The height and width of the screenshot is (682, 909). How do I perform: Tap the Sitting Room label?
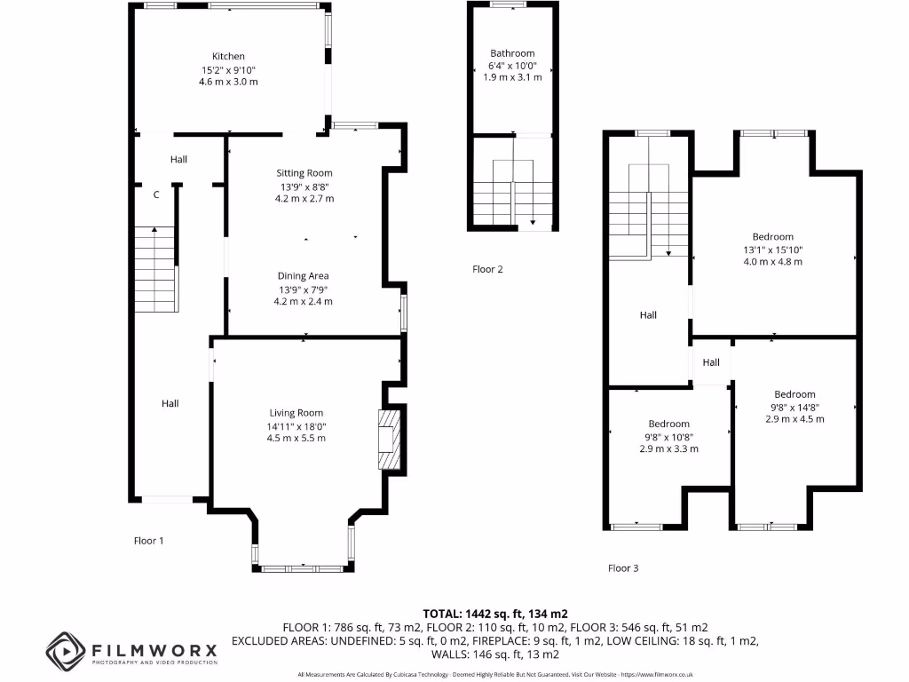point(304,173)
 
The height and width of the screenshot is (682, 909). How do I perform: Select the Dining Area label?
point(304,276)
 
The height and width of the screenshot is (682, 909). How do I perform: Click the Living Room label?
point(296,413)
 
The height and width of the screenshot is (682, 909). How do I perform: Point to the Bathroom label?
point(512,53)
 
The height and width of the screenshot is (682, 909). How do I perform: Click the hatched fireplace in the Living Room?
point(390,440)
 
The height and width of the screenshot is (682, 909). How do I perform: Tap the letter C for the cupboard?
point(156,194)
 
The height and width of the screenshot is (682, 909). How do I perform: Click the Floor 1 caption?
point(149,541)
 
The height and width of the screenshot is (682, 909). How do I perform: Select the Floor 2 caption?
point(487,269)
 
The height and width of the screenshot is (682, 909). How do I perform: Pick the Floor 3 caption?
point(623,568)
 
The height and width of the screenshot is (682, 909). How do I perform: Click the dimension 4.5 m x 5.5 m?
point(296,439)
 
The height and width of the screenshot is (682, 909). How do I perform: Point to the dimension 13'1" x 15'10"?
point(773,250)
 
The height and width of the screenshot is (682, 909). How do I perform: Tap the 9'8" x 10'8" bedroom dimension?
point(668,436)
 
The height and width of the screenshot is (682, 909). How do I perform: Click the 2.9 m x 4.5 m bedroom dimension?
point(794,419)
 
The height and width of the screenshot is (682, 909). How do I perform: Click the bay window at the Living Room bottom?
point(303,566)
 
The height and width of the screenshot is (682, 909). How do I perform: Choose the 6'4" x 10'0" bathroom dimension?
point(512,66)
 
